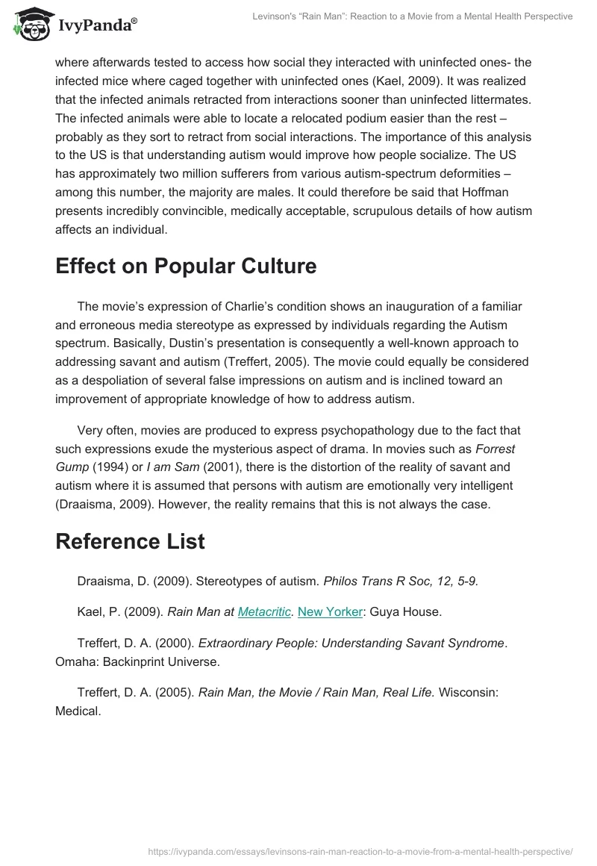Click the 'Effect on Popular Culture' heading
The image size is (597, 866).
pos(186,267)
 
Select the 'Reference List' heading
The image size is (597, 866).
pos(130,541)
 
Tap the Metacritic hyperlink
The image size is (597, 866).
pos(264,612)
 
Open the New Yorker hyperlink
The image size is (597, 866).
pos(330,612)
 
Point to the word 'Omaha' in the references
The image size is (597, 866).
pos(75,661)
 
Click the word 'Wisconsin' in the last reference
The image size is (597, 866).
pos(469,692)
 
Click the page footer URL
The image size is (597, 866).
pos(360,850)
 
